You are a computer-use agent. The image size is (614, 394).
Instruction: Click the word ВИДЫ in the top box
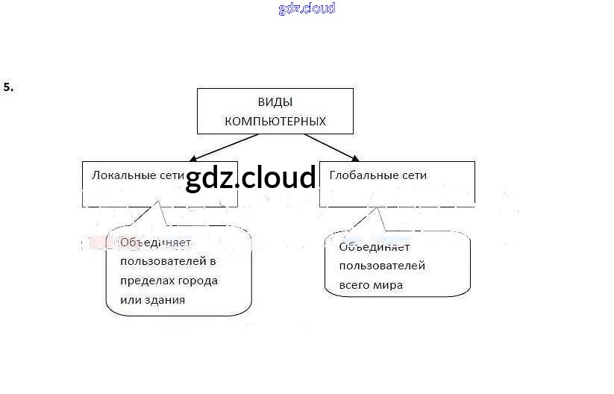coord(275,102)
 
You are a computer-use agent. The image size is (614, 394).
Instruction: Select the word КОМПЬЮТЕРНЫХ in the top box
coord(275,121)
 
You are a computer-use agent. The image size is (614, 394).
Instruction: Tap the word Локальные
coord(125,176)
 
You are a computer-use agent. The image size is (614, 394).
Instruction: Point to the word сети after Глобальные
coord(413,176)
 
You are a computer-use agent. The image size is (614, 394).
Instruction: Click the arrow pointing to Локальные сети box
coord(224,148)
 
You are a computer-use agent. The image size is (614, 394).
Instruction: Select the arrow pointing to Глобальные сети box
coord(331,147)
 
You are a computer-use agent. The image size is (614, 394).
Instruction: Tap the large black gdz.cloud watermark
coord(251,178)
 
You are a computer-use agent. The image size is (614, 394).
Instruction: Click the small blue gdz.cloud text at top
coord(307,9)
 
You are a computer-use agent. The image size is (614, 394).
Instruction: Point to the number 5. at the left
coord(9,87)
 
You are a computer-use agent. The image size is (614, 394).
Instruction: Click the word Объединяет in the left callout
coord(155,243)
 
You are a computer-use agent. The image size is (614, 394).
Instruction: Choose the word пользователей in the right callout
coord(381,266)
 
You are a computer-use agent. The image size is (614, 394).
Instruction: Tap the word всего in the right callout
coord(354,285)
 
